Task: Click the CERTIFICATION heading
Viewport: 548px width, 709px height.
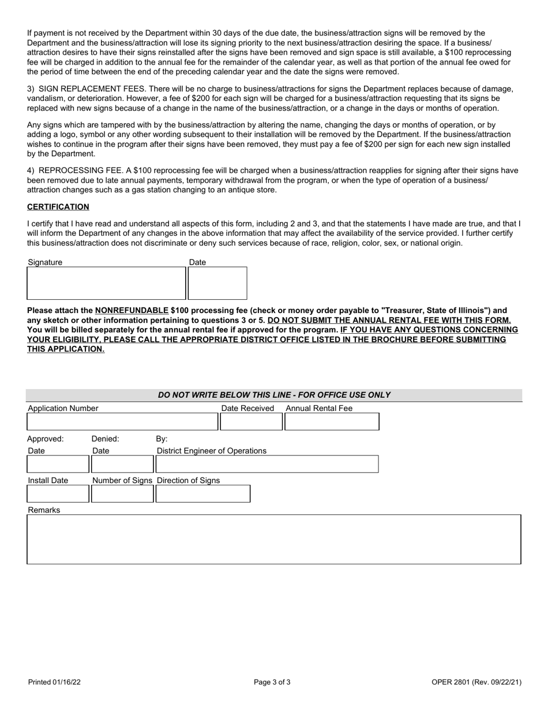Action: pos(58,207)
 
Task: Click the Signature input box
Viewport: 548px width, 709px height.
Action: pos(107,283)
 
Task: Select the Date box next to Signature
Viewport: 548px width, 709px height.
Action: pos(218,283)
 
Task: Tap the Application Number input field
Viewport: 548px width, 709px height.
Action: pos(122,423)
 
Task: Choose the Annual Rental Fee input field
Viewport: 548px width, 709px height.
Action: pos(332,423)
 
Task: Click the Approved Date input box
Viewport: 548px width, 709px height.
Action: pos(58,464)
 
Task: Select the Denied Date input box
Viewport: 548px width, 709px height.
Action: pos(122,464)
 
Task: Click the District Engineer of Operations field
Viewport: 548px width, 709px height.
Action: pos(267,464)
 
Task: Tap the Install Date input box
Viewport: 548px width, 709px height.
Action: pos(58,494)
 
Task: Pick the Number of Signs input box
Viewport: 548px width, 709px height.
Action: pos(122,494)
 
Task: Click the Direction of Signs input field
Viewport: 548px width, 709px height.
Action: pos(203,494)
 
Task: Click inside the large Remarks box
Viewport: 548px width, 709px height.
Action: pos(274,540)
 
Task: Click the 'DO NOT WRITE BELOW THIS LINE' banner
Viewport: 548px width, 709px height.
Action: pos(274,395)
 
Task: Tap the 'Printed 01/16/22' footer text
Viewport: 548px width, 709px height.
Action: pos(54,682)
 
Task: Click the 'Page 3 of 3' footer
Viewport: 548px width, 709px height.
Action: pos(272,682)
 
